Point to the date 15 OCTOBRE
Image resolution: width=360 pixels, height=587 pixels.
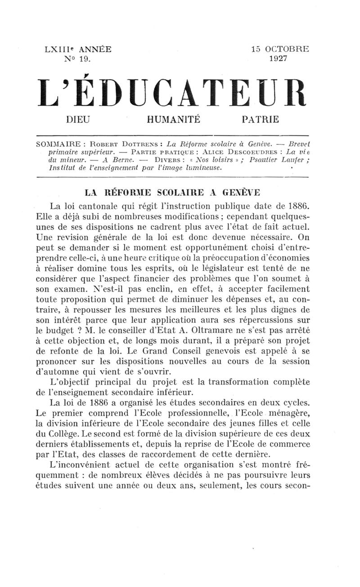[280, 49]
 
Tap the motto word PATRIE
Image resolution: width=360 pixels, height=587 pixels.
[260, 120]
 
